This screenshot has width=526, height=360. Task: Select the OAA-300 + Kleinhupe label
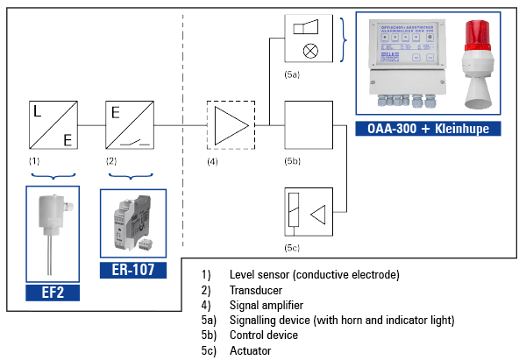[428, 129]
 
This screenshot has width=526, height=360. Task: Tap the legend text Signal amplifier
[267, 306]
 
